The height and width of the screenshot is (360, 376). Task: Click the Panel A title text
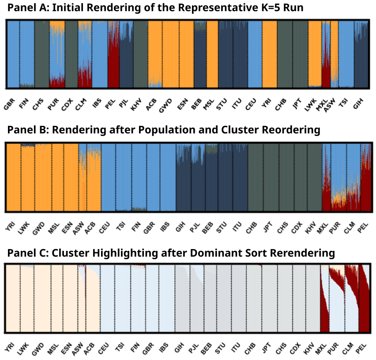tap(155, 8)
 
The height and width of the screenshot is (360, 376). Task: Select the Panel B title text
tap(163, 130)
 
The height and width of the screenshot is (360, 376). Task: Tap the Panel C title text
tap(171, 253)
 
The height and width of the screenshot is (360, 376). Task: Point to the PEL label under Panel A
tap(110, 103)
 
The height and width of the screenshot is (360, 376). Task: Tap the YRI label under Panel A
tap(267, 103)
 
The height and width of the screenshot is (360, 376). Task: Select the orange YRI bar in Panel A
tap(269, 53)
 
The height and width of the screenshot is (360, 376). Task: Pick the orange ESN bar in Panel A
tap(185, 53)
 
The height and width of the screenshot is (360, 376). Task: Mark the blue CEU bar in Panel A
tap(255, 53)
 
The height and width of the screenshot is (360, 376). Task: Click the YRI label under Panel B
tap(9, 226)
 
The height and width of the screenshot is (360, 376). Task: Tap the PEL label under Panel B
tap(363, 226)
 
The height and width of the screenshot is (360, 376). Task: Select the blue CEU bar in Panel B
tap(108, 177)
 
